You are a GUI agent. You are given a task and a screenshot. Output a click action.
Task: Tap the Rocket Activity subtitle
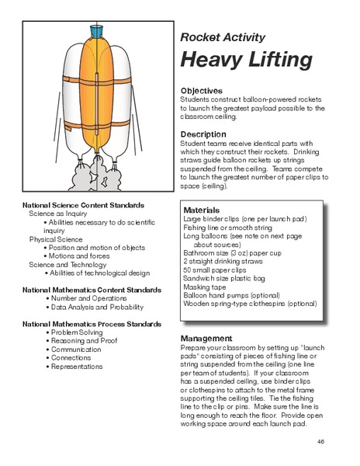(x=223, y=37)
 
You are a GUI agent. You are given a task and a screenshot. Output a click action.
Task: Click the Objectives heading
(x=201, y=90)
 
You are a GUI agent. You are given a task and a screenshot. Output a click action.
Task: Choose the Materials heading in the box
(x=201, y=210)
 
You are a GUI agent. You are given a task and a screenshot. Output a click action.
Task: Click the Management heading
(x=206, y=339)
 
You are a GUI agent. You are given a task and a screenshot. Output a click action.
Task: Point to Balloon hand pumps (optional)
(x=237, y=294)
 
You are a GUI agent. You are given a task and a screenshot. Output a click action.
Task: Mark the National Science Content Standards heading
(x=83, y=204)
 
